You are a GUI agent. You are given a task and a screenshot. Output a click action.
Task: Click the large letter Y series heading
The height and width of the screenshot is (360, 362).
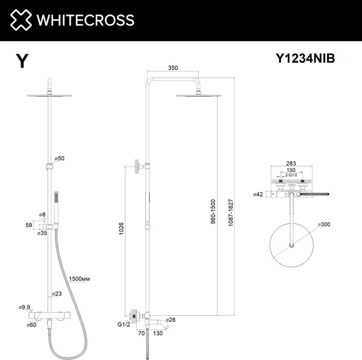click(22, 61)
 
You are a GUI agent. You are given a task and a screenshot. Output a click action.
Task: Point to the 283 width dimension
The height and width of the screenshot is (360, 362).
click(292, 164)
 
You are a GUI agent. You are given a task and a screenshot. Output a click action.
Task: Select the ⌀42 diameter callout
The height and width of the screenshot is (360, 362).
click(258, 194)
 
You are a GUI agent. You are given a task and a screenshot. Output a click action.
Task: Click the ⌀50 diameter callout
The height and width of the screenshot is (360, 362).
click(59, 158)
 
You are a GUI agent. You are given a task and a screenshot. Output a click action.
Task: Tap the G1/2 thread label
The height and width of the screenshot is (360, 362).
click(123, 323)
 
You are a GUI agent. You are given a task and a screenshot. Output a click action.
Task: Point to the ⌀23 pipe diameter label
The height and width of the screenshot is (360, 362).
click(57, 294)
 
